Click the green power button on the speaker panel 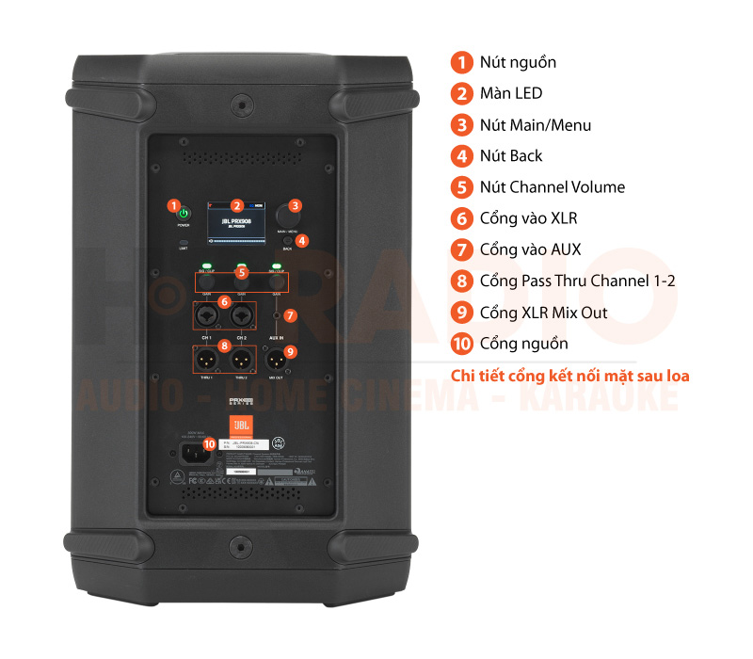[184, 214]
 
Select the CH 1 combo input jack [205, 320]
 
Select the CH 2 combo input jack [242, 320]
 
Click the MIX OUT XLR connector [277, 360]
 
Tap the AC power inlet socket [193, 453]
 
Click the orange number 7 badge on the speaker [290, 316]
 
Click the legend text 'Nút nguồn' [518, 62]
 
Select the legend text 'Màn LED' [510, 93]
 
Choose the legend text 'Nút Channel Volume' [552, 186]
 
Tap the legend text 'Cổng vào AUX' [530, 249]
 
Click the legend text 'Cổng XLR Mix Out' [543, 313]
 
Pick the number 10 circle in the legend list [461, 344]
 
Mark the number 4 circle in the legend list [461, 155]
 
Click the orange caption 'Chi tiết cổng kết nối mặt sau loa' [570, 376]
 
